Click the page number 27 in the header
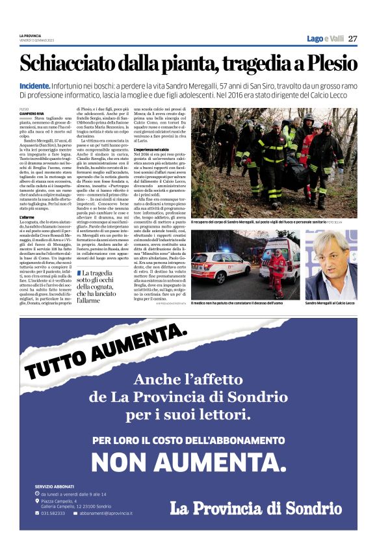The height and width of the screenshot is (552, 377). (x=352, y=39)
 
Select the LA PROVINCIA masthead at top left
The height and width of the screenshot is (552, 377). (x=30, y=36)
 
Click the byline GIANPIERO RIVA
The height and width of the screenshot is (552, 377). (x=32, y=112)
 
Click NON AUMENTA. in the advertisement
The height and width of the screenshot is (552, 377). (x=188, y=462)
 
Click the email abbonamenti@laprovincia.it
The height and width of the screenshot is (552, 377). (x=108, y=513)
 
